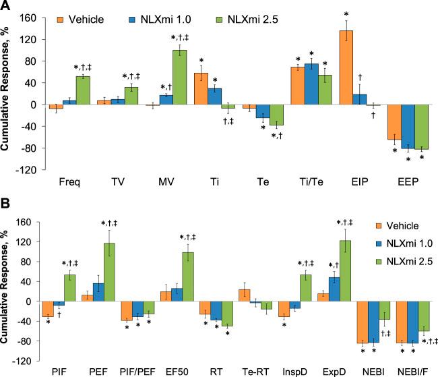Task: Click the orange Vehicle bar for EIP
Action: pos(346,68)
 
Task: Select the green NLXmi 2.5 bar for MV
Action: pos(179,78)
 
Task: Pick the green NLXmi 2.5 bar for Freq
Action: pos(84,90)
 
